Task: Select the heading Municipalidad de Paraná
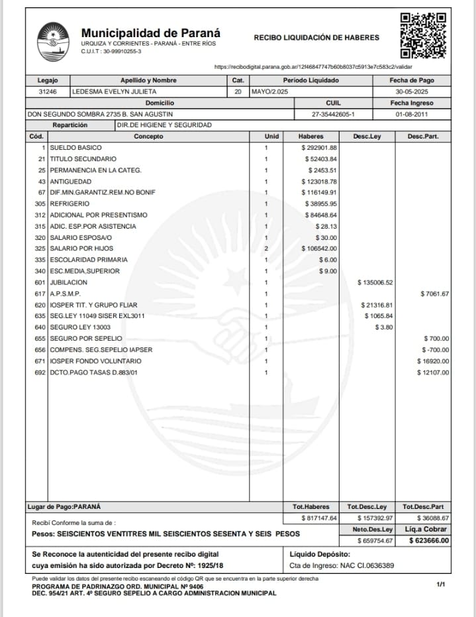coord(150,32)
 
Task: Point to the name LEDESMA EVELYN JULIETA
coord(114,91)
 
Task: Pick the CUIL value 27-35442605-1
coord(333,114)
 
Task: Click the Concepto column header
coord(148,137)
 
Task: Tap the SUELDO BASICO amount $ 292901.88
coord(318,148)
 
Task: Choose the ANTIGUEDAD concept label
coord(72,182)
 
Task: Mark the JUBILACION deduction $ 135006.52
coord(375,283)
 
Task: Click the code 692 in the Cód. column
coord(40,372)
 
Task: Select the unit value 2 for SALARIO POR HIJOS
coord(266,249)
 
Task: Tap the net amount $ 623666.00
coord(427,541)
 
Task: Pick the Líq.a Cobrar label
coord(426,530)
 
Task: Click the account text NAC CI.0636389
coord(361,565)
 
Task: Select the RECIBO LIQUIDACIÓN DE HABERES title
coord(316,38)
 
